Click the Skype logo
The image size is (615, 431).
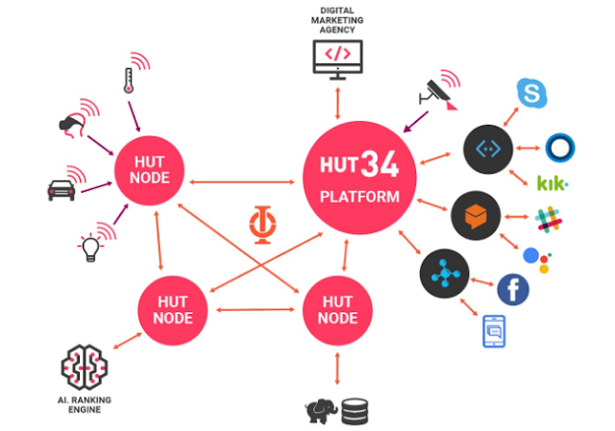click(530, 93)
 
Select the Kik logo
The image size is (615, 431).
click(552, 182)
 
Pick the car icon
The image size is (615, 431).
click(61, 188)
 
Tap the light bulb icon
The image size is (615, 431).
click(90, 249)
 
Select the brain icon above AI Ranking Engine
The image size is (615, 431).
click(85, 368)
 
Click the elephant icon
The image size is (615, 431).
click(320, 411)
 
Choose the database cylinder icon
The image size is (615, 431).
click(355, 411)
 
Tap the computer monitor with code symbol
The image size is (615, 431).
click(338, 58)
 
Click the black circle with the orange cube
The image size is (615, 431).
click(477, 215)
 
